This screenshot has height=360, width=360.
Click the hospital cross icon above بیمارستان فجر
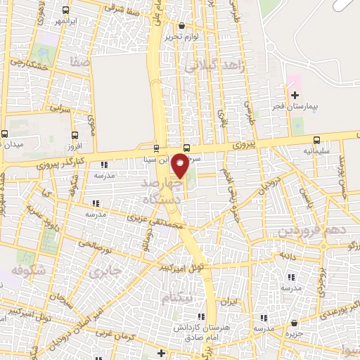tap(295, 94)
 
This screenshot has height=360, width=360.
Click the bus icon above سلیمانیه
tap(316, 139)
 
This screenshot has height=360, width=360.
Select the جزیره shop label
tap(293, 334)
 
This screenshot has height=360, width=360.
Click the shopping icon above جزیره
tap(293, 323)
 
